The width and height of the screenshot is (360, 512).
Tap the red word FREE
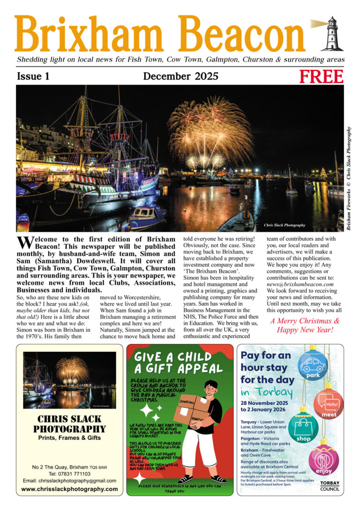click(322, 76)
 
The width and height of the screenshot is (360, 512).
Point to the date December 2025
click(180, 76)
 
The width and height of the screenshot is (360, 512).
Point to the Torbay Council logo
click(330, 486)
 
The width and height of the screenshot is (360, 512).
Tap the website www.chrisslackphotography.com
click(69, 489)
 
